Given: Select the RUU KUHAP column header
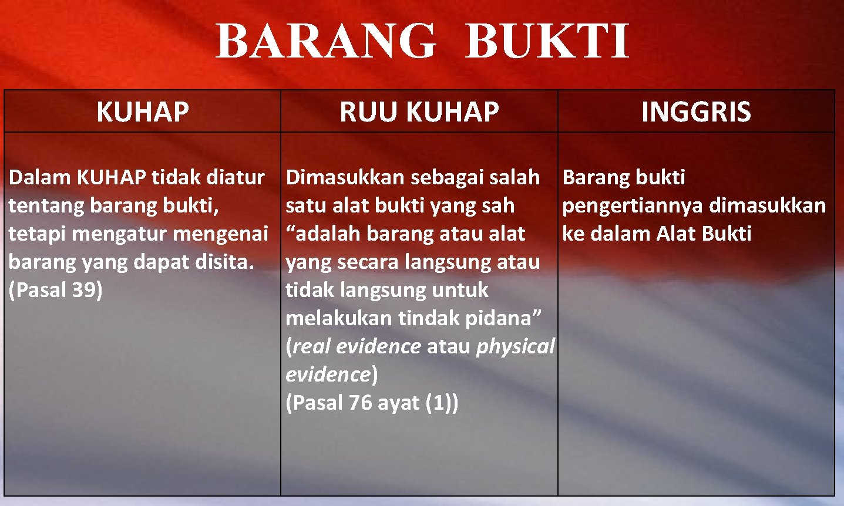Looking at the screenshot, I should pos(419,112).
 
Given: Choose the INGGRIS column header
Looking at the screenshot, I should pos(696,112).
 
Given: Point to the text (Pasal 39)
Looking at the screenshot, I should pos(56,289).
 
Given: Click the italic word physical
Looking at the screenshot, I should pos(515,346).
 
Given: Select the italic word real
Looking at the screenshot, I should pos(312,346).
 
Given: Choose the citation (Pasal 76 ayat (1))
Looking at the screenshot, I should pos(372,403).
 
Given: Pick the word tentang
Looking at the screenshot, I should pos(46,205).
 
